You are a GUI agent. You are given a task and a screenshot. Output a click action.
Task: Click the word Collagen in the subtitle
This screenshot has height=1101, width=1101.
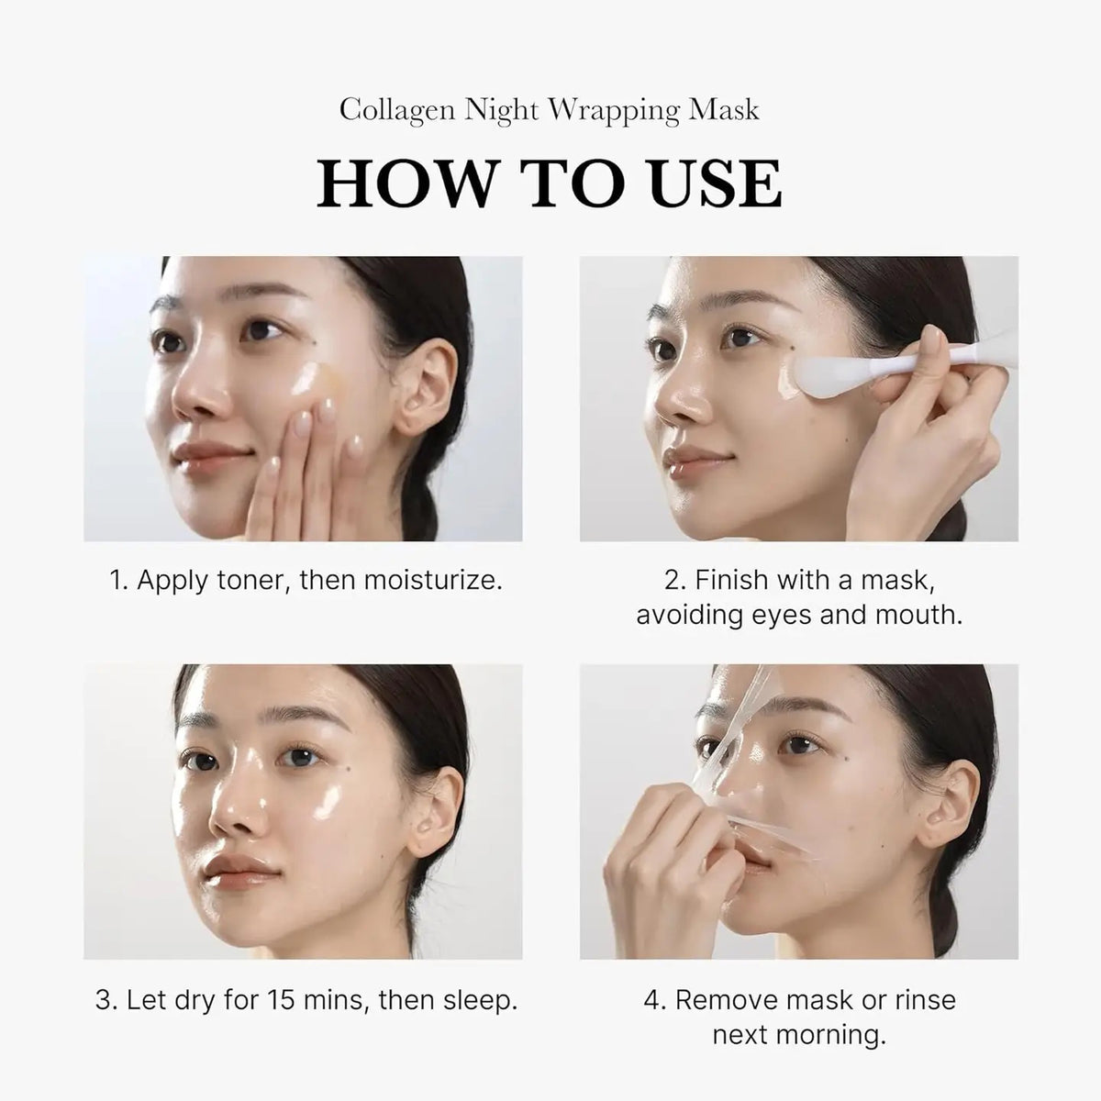click(395, 110)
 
